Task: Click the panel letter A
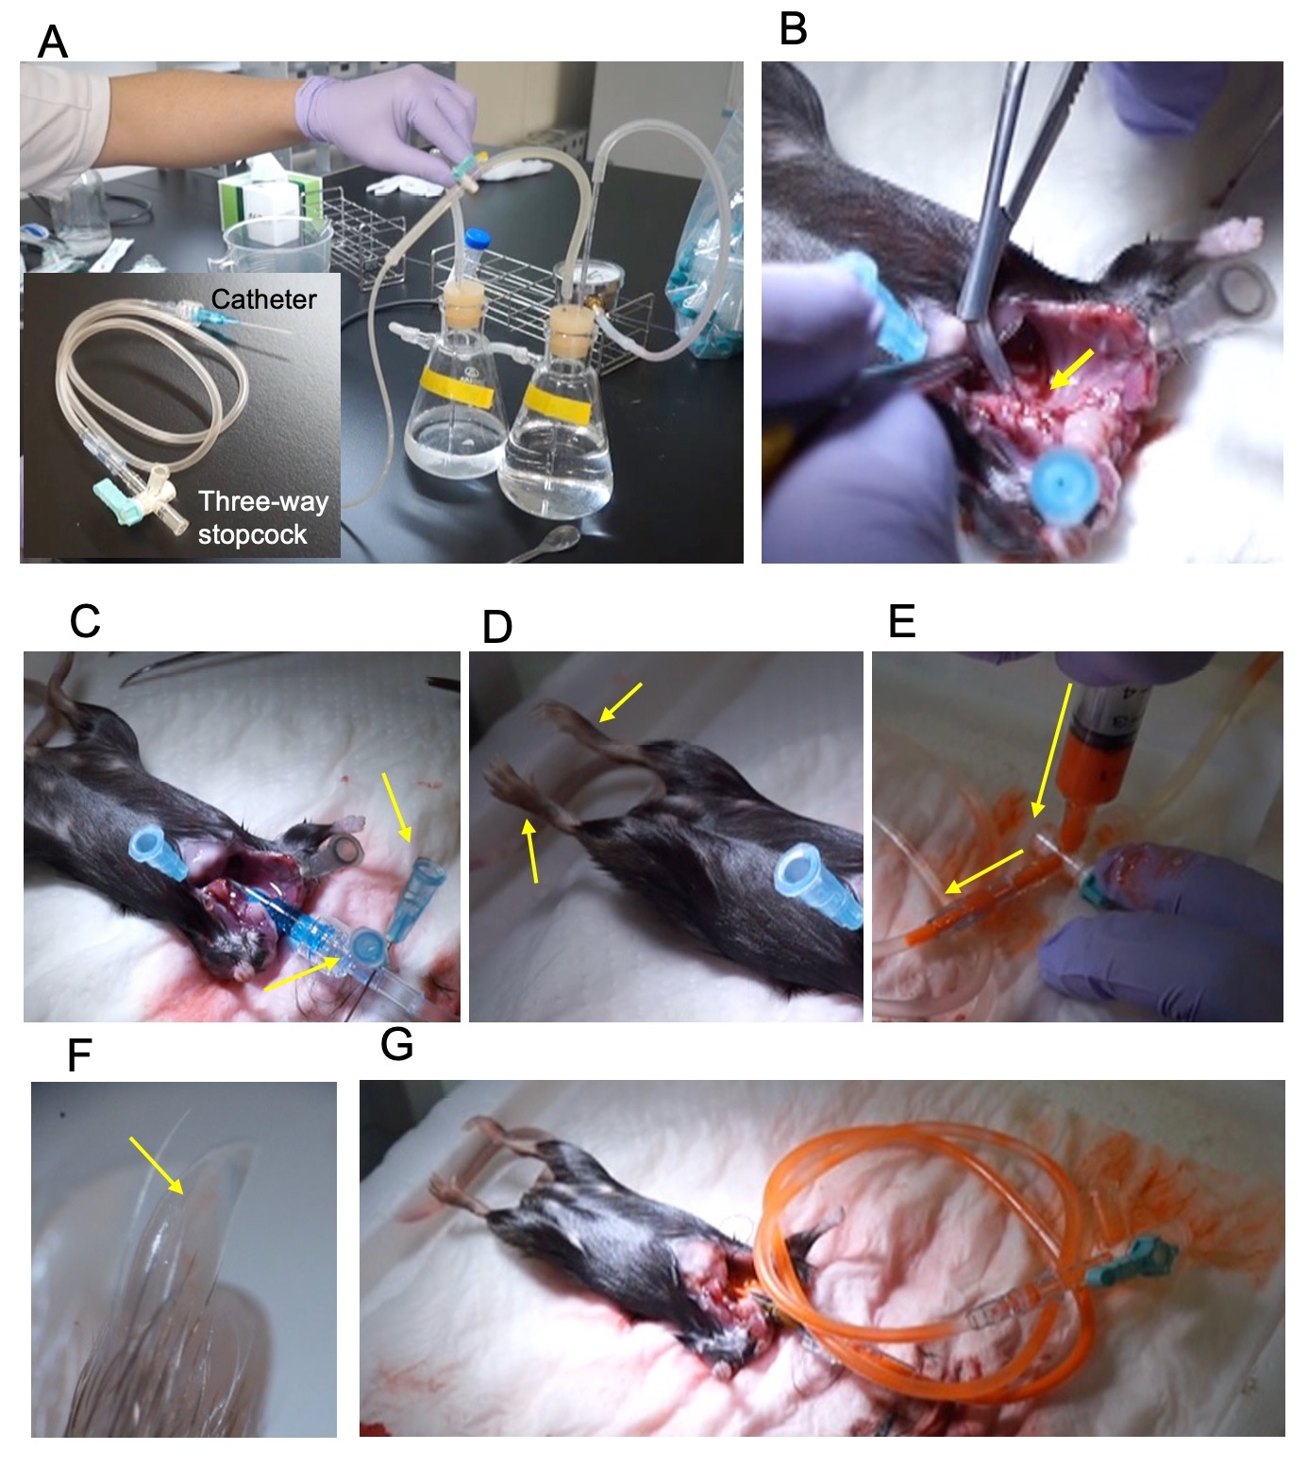(53, 42)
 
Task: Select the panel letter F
(79, 1055)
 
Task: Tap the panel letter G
(397, 1044)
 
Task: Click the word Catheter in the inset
(263, 299)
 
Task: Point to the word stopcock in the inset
(252, 534)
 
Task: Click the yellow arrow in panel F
(157, 1165)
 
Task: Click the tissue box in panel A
(259, 207)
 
